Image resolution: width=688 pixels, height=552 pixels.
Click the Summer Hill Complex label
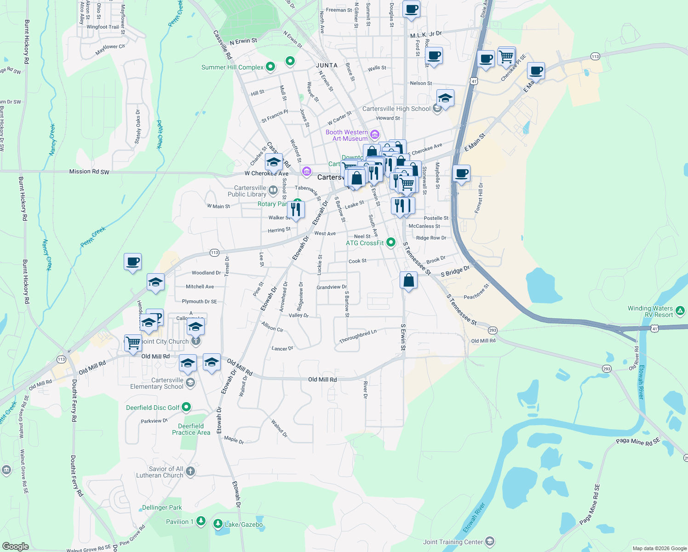pos(232,67)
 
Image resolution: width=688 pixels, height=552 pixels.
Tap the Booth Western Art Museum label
pos(347,135)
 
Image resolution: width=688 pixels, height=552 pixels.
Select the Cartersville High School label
pos(396,109)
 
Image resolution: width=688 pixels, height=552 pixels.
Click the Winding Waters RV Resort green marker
pos(680,311)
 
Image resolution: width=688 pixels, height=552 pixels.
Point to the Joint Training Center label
pos(453,542)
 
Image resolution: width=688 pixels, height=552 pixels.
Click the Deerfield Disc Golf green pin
pos(186,407)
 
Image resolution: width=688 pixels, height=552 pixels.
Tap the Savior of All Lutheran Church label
pos(160,472)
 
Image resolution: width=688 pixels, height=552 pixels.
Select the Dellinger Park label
pos(162,507)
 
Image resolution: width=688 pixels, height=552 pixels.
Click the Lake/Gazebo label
pos(244,524)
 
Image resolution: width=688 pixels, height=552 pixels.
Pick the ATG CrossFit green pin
pos(391,242)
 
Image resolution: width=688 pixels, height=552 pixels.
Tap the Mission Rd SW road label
pos(89,172)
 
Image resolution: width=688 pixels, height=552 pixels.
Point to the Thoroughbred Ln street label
pos(358,337)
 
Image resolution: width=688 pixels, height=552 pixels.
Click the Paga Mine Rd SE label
pos(638,442)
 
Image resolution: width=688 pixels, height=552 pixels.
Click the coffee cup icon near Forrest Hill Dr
pos(461,174)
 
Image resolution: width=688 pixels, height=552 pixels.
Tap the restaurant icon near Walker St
pos(295,210)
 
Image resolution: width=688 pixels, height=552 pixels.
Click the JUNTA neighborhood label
pos(327,65)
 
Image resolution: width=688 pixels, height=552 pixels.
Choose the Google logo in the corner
pos(15,546)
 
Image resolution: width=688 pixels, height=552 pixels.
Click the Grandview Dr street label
pos(332,287)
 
